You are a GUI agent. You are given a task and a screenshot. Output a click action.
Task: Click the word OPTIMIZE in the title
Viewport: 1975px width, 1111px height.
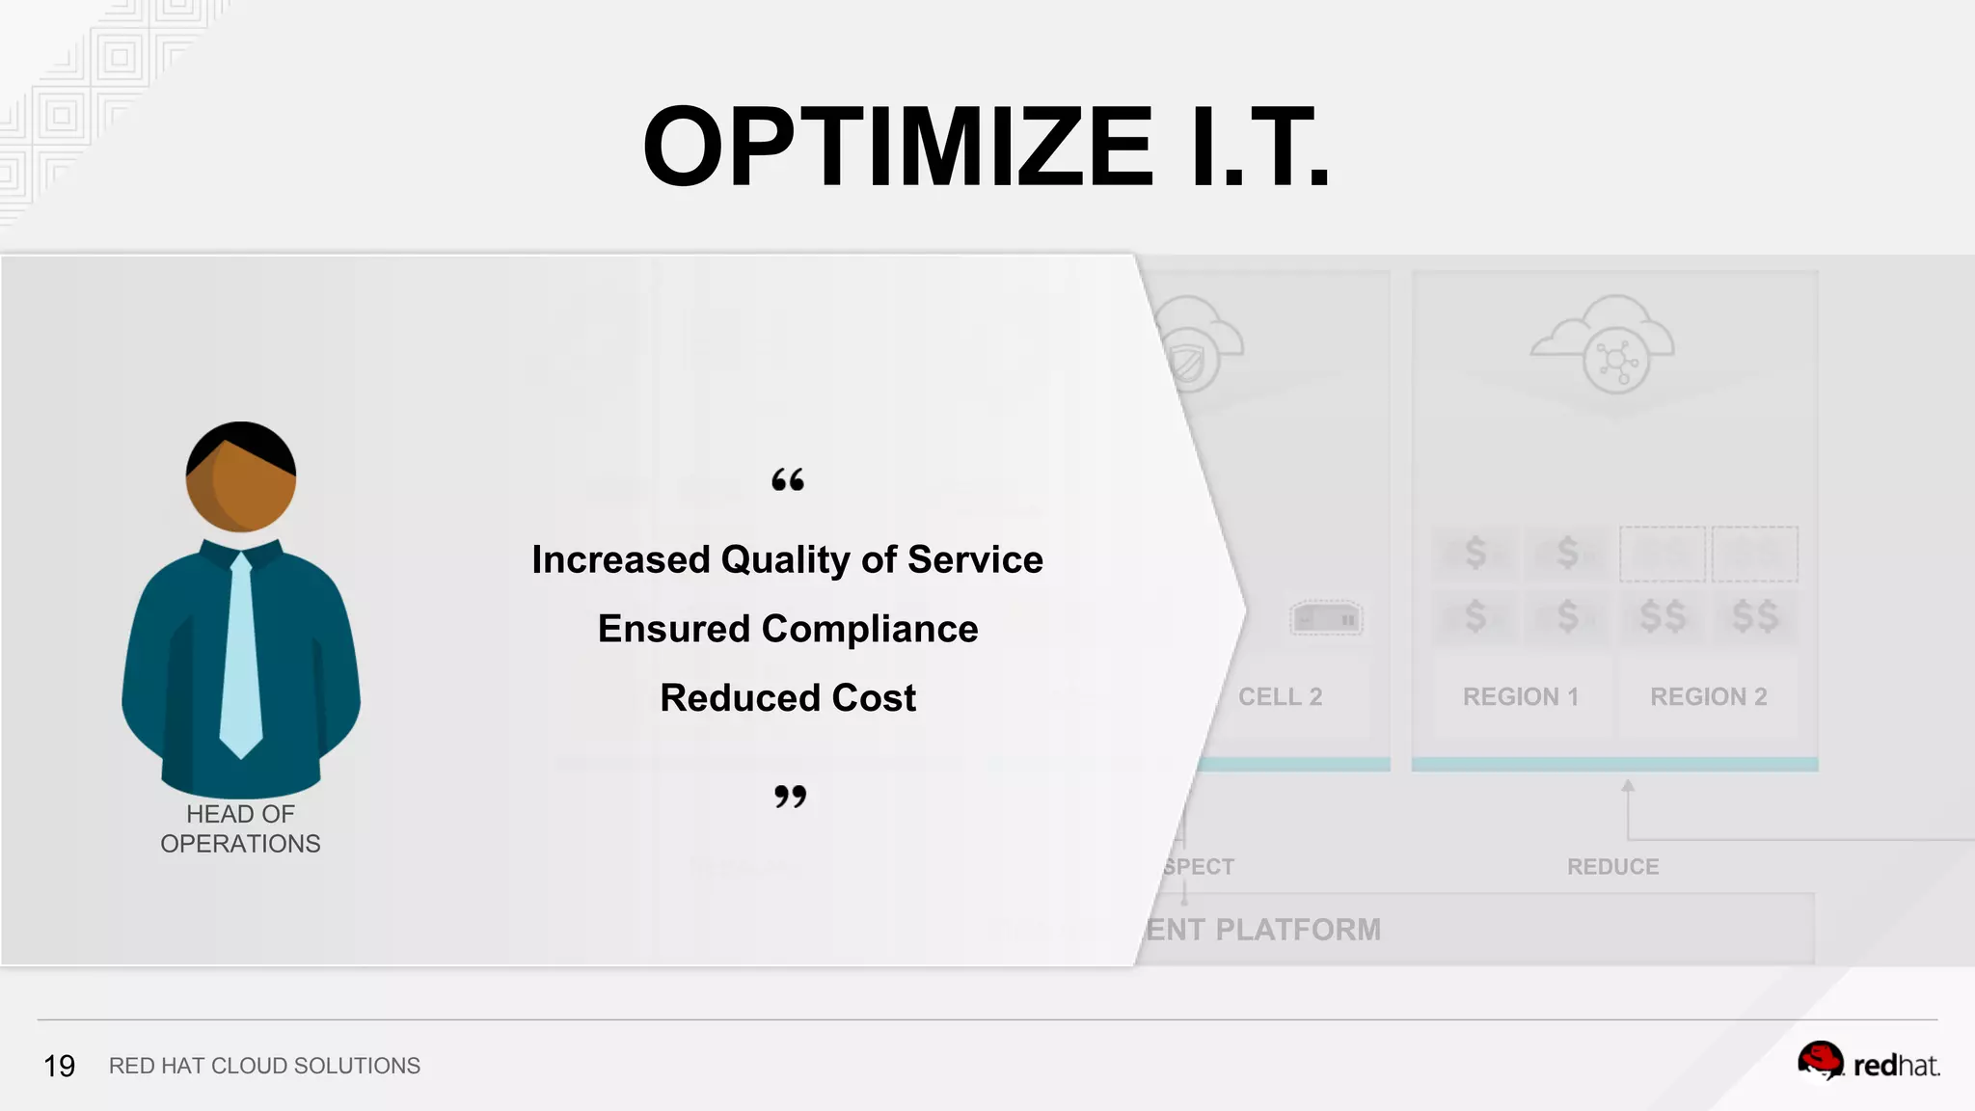(x=898, y=148)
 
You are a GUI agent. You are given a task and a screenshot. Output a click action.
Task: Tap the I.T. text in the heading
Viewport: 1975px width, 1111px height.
(x=1261, y=148)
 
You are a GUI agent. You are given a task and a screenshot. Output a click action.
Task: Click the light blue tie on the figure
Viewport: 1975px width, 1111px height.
(x=241, y=656)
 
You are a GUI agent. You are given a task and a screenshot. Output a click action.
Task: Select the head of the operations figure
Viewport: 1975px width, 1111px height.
(x=241, y=476)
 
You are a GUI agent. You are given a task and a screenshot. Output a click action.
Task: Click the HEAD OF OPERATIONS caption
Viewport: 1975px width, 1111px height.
(x=240, y=828)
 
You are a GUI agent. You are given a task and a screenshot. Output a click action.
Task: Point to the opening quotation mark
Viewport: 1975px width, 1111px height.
(x=788, y=480)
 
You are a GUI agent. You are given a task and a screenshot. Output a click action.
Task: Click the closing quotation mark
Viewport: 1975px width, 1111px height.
(x=790, y=797)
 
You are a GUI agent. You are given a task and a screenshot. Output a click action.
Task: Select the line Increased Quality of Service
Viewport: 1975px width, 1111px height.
(x=787, y=559)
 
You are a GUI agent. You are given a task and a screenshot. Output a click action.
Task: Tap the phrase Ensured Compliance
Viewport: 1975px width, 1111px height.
(x=788, y=629)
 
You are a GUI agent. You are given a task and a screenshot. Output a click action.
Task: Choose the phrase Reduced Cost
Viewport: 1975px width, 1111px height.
(x=788, y=697)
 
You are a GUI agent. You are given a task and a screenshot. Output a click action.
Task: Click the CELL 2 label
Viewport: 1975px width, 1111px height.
(x=1280, y=696)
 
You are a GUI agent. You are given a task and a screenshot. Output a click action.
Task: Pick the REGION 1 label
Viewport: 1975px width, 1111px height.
(x=1521, y=696)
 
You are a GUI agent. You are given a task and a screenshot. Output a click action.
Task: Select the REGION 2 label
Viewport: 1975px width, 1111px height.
(x=1708, y=696)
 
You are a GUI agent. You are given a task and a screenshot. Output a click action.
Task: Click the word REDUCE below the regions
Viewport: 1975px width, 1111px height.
(x=1612, y=866)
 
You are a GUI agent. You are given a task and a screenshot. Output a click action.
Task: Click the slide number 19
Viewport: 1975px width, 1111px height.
(x=59, y=1066)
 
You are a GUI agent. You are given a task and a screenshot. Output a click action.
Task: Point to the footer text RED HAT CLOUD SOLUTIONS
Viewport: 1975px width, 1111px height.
(x=264, y=1066)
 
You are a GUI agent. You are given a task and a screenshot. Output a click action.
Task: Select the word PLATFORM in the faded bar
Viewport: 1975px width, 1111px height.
(x=1298, y=930)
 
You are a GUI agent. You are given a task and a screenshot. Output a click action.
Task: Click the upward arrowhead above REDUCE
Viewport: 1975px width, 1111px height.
(x=1628, y=786)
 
